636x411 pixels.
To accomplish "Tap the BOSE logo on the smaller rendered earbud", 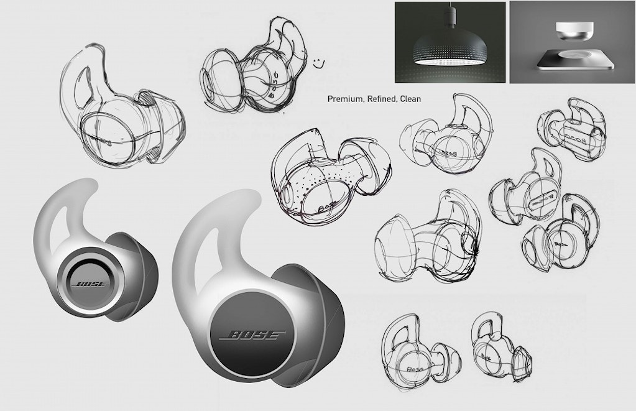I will tap(91, 285).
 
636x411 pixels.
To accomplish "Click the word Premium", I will tap(344, 99).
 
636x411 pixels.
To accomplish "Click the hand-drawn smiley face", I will tap(319, 62).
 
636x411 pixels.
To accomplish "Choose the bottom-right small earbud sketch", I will tap(500, 345).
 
